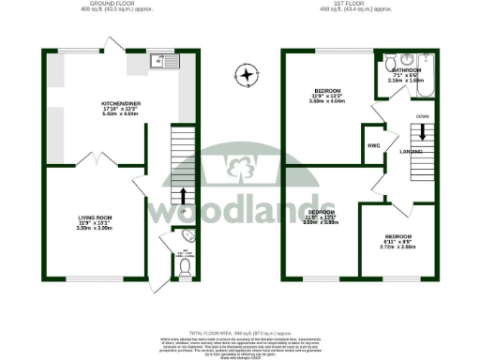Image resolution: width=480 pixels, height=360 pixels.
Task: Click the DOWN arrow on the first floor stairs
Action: [x=421, y=132]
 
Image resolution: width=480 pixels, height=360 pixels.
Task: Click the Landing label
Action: [x=411, y=149]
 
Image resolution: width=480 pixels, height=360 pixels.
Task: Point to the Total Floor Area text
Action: [x=239, y=333]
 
